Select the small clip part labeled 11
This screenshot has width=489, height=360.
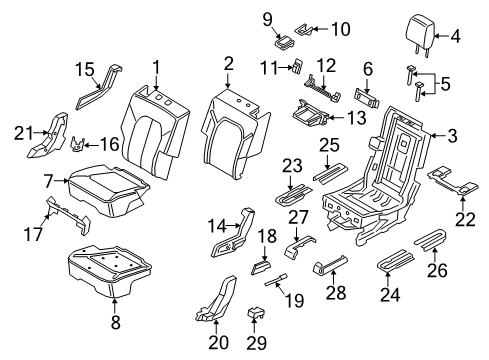(297, 67)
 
